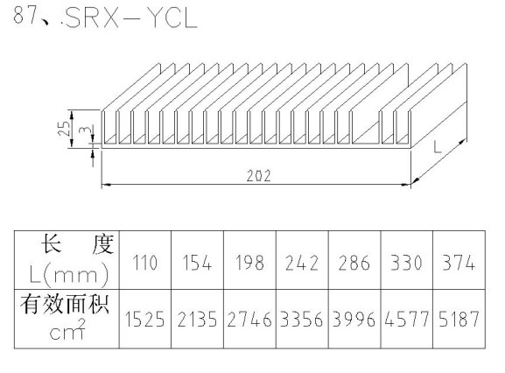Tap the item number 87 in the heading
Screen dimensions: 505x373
25,15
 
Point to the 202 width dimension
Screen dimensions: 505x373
258,175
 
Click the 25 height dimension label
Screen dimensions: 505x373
65,128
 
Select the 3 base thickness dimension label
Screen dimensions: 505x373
84,130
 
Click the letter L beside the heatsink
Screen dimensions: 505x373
437,147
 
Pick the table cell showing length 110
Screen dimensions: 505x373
145,263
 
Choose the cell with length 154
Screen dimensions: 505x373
197,263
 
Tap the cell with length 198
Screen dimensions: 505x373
249,263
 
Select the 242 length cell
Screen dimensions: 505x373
302,263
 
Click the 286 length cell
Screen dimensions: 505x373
354,263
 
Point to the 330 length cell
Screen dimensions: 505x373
406,263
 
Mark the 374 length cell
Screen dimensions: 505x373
459,263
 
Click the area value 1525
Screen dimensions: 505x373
145,320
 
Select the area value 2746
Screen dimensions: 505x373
249,320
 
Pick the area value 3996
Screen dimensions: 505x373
354,320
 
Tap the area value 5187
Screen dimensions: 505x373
459,320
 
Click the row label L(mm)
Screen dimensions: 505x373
68,274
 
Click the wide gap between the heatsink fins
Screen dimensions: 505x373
366,128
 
